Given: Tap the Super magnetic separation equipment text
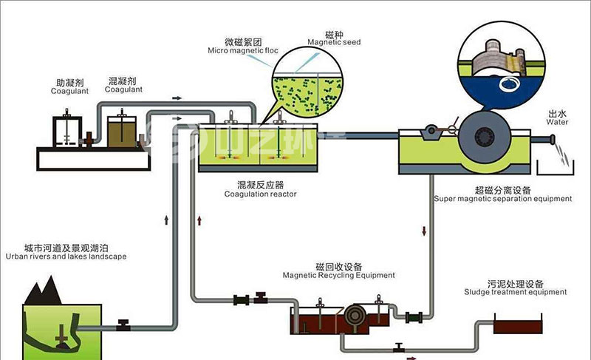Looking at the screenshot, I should point(502,198).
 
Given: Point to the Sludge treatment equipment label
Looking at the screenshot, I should point(516,292).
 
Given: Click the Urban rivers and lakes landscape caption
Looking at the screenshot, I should point(66,257).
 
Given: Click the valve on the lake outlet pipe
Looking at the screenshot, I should point(124,324).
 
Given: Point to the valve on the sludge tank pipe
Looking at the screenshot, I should point(400,346).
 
